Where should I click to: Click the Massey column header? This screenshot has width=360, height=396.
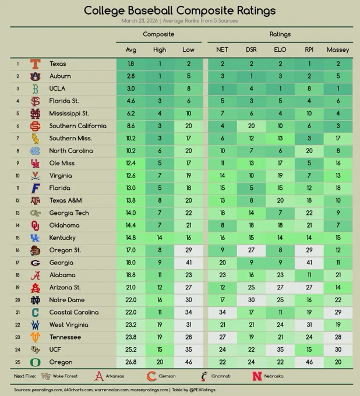[338, 49]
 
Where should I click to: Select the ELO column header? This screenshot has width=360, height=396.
[280, 49]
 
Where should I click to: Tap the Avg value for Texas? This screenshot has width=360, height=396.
[131, 64]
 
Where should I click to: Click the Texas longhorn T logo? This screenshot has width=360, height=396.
[36, 64]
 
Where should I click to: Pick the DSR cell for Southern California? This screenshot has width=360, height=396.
[252, 126]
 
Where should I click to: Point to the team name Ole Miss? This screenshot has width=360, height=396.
[62, 163]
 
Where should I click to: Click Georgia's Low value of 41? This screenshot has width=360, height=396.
[189, 263]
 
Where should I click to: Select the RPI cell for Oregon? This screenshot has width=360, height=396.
[309, 362]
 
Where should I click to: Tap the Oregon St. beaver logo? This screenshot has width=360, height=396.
[35, 250]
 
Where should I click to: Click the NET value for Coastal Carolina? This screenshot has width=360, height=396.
[223, 312]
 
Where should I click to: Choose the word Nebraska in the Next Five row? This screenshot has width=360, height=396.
[274, 376]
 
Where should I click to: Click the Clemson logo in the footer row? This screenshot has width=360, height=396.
[151, 376]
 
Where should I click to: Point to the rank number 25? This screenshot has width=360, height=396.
[17, 362]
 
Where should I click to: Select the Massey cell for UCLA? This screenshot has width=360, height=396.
[338, 89]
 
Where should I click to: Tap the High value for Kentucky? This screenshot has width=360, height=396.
[160, 238]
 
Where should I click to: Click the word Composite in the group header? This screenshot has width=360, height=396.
[158, 34]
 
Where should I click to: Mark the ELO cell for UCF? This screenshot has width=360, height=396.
[280, 349]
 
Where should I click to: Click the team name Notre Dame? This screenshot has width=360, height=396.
[67, 300]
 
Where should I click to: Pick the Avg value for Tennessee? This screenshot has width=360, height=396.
[131, 337]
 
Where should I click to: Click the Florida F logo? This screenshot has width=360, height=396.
[36, 188]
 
